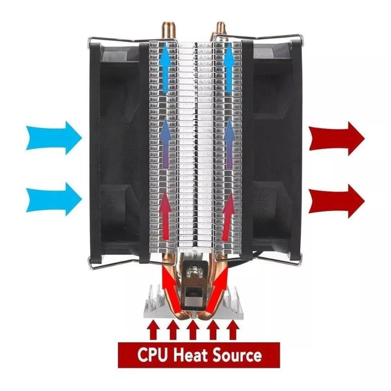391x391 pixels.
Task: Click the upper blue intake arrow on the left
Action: point(54,138)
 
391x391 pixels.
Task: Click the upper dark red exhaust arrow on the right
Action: point(337,138)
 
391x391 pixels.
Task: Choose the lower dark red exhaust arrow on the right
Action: point(337,201)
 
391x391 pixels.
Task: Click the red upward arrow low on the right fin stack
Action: point(228,216)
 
